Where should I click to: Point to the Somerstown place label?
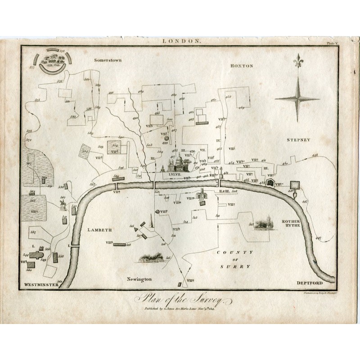point(108,59)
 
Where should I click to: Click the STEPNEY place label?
point(299,140)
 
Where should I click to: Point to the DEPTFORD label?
point(310,283)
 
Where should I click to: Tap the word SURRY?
point(236,266)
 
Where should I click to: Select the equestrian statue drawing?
point(63,205)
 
